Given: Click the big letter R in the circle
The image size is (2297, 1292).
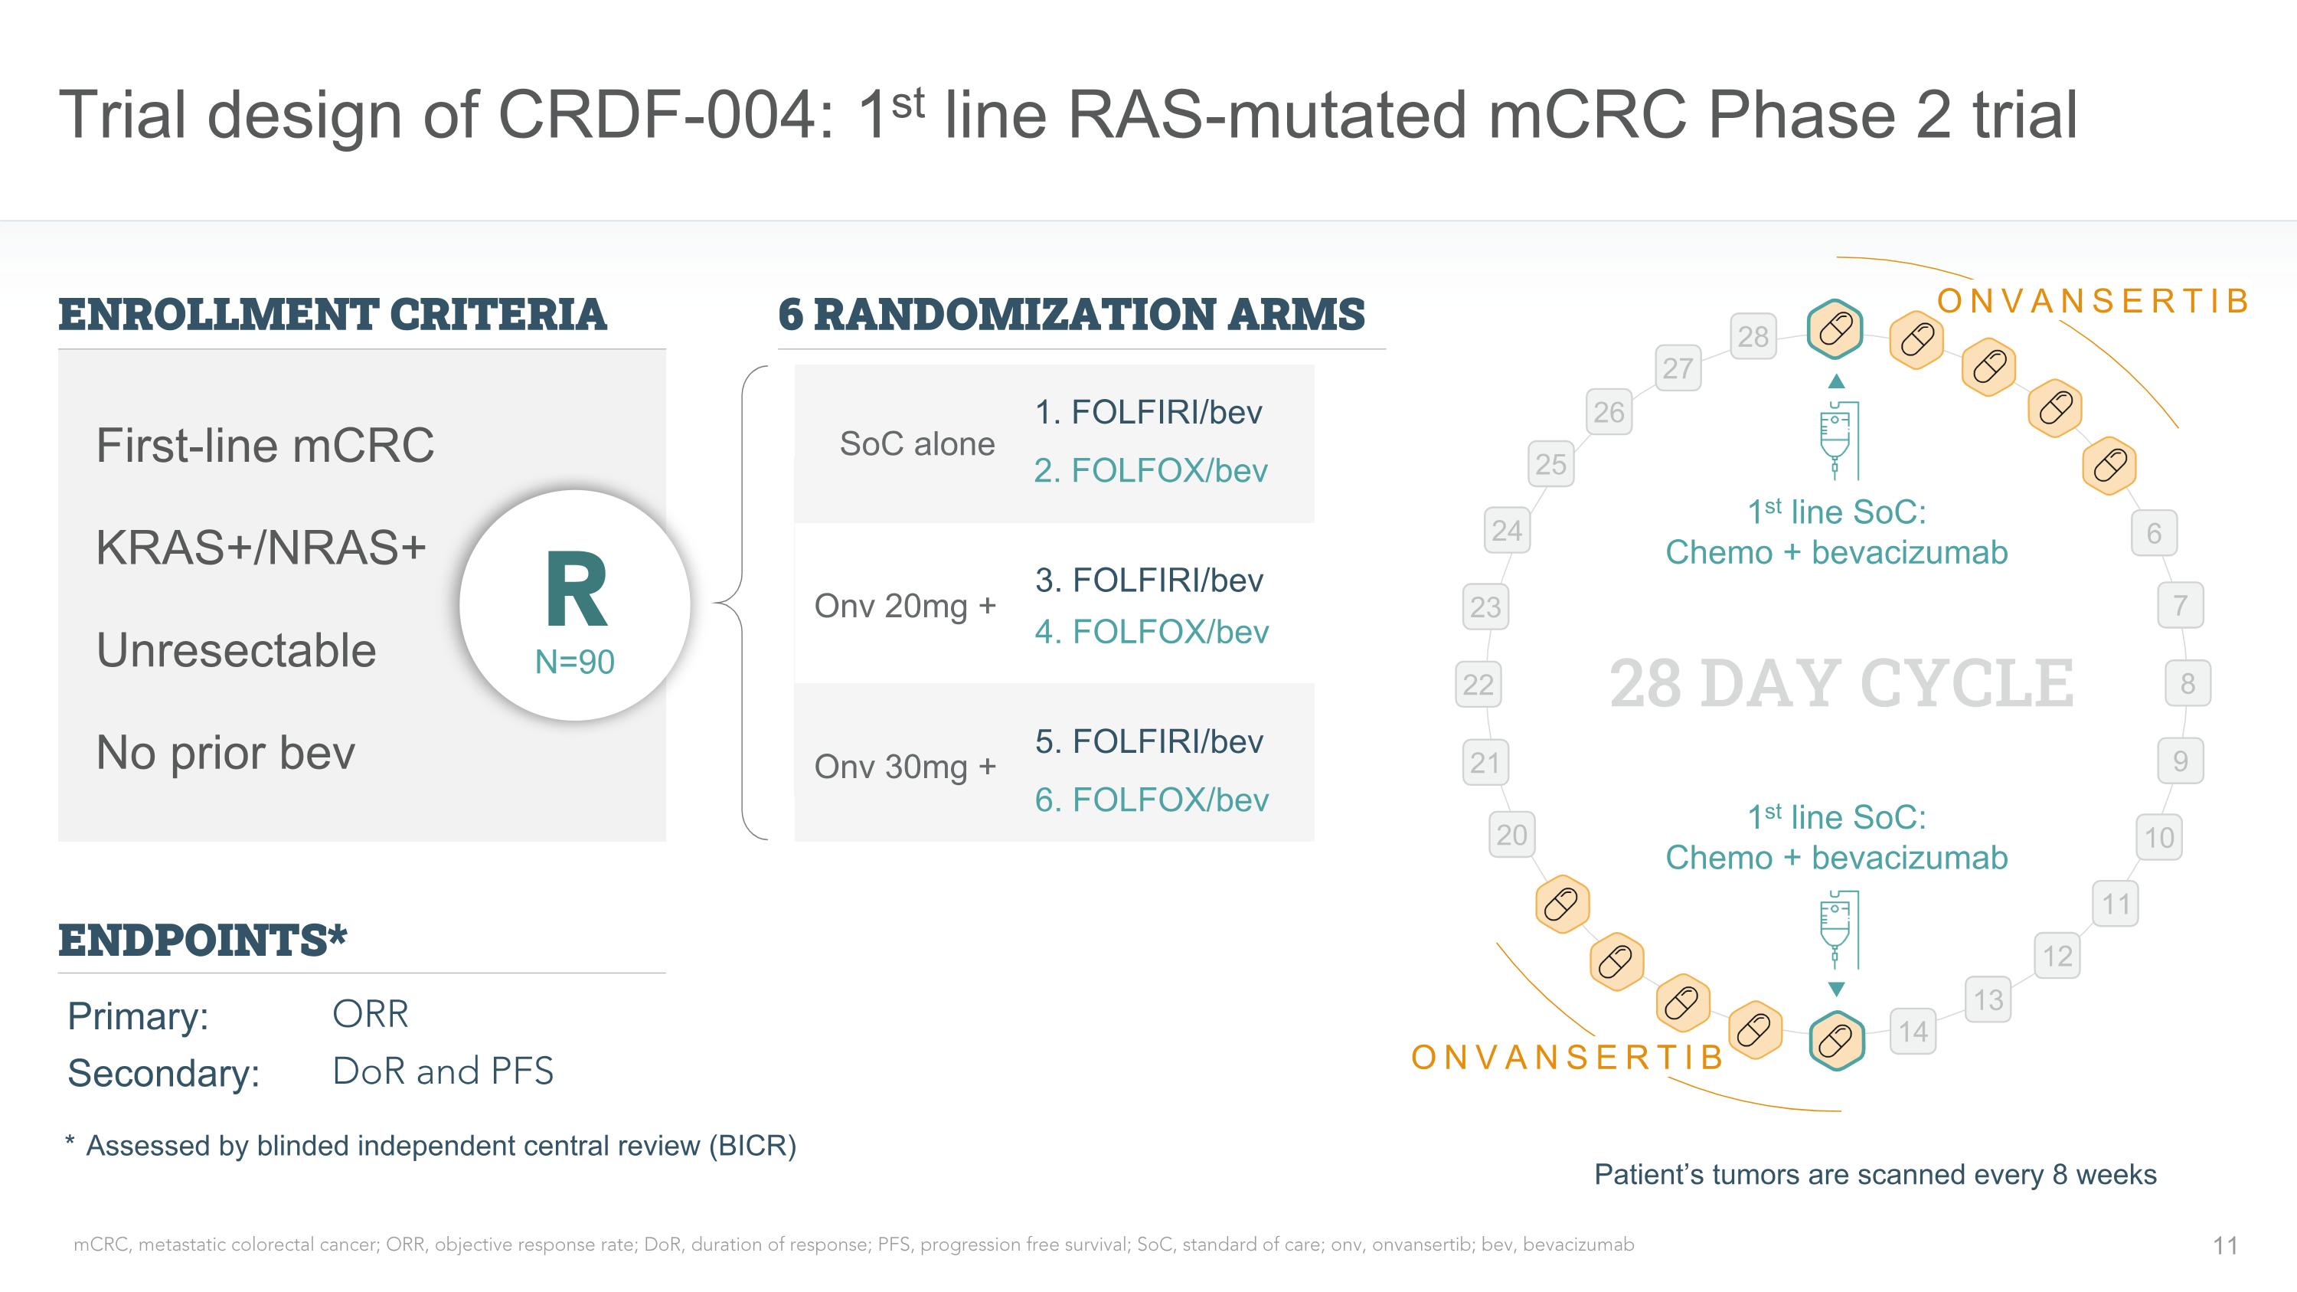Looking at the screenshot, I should (576, 590).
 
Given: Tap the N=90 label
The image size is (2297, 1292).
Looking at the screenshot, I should (574, 662).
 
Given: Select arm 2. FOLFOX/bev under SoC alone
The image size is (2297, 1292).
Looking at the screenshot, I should (1150, 471).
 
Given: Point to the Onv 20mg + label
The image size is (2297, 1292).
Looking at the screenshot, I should (904, 607).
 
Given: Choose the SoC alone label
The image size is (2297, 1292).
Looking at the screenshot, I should (917, 444).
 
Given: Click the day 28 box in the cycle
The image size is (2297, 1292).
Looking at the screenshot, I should (1752, 336).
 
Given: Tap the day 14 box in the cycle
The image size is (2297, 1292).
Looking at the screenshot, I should (1913, 1032).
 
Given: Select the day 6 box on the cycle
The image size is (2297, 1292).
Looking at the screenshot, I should (2153, 533).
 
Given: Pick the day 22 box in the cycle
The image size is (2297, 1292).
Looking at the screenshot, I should (1478, 684).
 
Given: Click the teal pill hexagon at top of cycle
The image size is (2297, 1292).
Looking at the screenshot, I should (1835, 329).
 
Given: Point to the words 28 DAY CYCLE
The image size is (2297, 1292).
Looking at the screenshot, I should (1841, 684).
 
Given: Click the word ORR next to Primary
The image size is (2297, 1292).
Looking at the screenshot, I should (370, 1015).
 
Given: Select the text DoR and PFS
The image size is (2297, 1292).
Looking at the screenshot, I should (443, 1071).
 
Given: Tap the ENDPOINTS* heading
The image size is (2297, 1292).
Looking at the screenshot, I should (202, 940).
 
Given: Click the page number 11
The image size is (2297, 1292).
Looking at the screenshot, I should (2225, 1245).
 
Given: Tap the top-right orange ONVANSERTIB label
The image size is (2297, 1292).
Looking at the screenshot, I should (2093, 302).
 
